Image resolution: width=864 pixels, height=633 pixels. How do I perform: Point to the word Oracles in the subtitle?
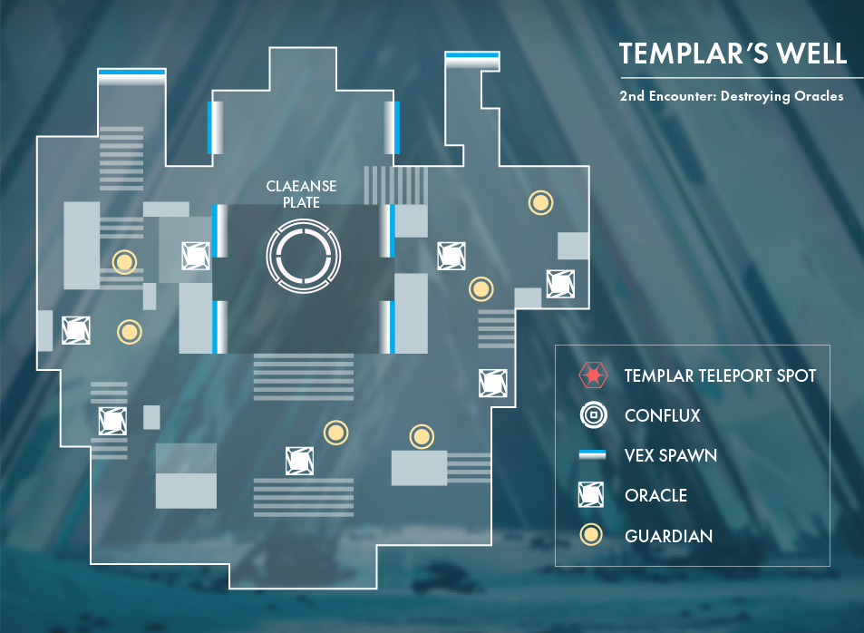pyautogui.click(x=812, y=96)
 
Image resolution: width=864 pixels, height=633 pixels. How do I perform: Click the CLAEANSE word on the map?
pyautogui.click(x=301, y=187)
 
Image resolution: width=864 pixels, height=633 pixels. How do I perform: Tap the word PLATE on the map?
pyautogui.click(x=301, y=202)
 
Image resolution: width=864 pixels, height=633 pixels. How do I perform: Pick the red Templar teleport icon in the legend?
pyautogui.click(x=592, y=375)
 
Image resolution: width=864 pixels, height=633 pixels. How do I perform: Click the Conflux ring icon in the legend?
pyautogui.click(x=592, y=416)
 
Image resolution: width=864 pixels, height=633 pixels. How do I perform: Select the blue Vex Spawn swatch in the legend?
pyautogui.click(x=592, y=455)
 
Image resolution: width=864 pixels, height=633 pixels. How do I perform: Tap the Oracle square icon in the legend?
pyautogui.click(x=592, y=495)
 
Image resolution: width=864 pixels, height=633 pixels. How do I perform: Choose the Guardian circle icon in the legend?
pyautogui.click(x=592, y=535)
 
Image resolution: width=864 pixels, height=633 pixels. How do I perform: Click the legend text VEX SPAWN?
pyautogui.click(x=671, y=455)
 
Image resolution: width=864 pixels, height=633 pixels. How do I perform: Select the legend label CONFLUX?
pyautogui.click(x=663, y=416)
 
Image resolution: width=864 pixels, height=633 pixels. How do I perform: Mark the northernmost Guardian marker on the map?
pyautogui.click(x=541, y=203)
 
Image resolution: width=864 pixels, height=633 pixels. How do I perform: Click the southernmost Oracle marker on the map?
pyautogui.click(x=299, y=461)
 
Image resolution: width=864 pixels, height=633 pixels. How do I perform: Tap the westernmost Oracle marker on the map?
pyautogui.click(x=76, y=330)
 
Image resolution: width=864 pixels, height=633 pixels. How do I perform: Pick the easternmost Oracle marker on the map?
pyautogui.click(x=560, y=284)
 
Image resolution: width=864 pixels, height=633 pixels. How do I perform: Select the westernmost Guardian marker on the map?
pyautogui.click(x=124, y=263)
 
